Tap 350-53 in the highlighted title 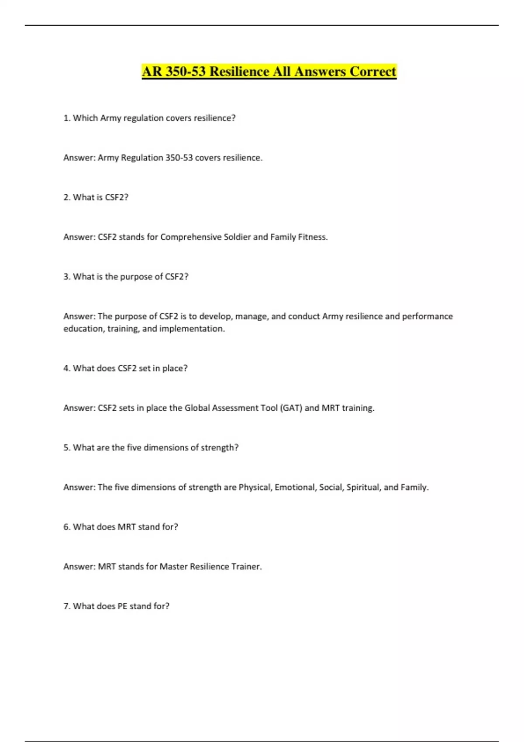point(186,72)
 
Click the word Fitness point(313,237)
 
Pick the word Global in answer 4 point(197,408)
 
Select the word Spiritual point(363,487)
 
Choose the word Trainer point(247,567)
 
